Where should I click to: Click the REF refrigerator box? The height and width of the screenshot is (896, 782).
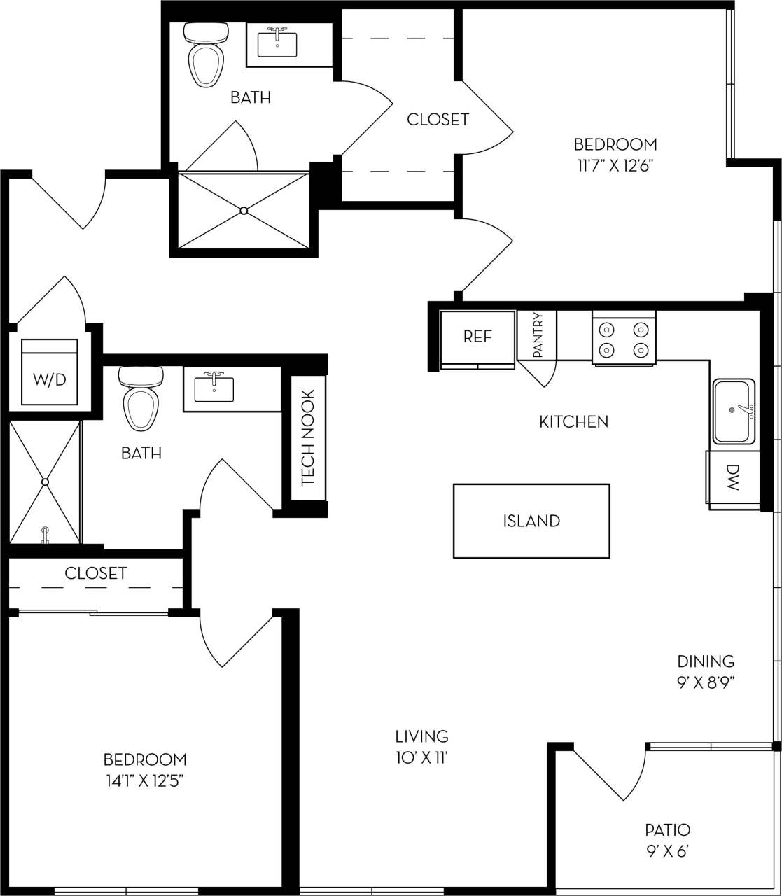[477, 337]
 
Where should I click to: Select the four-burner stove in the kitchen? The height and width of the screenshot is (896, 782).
[624, 339]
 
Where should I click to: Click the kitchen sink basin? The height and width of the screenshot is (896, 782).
[734, 412]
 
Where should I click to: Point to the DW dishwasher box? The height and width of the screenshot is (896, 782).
[733, 477]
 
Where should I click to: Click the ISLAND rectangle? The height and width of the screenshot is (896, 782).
[531, 521]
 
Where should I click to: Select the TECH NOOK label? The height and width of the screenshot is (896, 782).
[308, 438]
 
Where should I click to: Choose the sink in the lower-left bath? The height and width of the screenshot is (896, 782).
[214, 388]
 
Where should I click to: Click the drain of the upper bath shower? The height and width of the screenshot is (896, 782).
[244, 210]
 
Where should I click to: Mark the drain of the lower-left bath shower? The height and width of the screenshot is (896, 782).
[46, 482]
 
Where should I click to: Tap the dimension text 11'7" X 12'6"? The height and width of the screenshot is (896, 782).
[615, 166]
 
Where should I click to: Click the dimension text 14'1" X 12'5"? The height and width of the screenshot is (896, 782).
[145, 781]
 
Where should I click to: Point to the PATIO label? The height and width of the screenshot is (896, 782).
[667, 830]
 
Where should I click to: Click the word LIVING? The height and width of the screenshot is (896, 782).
[421, 736]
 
